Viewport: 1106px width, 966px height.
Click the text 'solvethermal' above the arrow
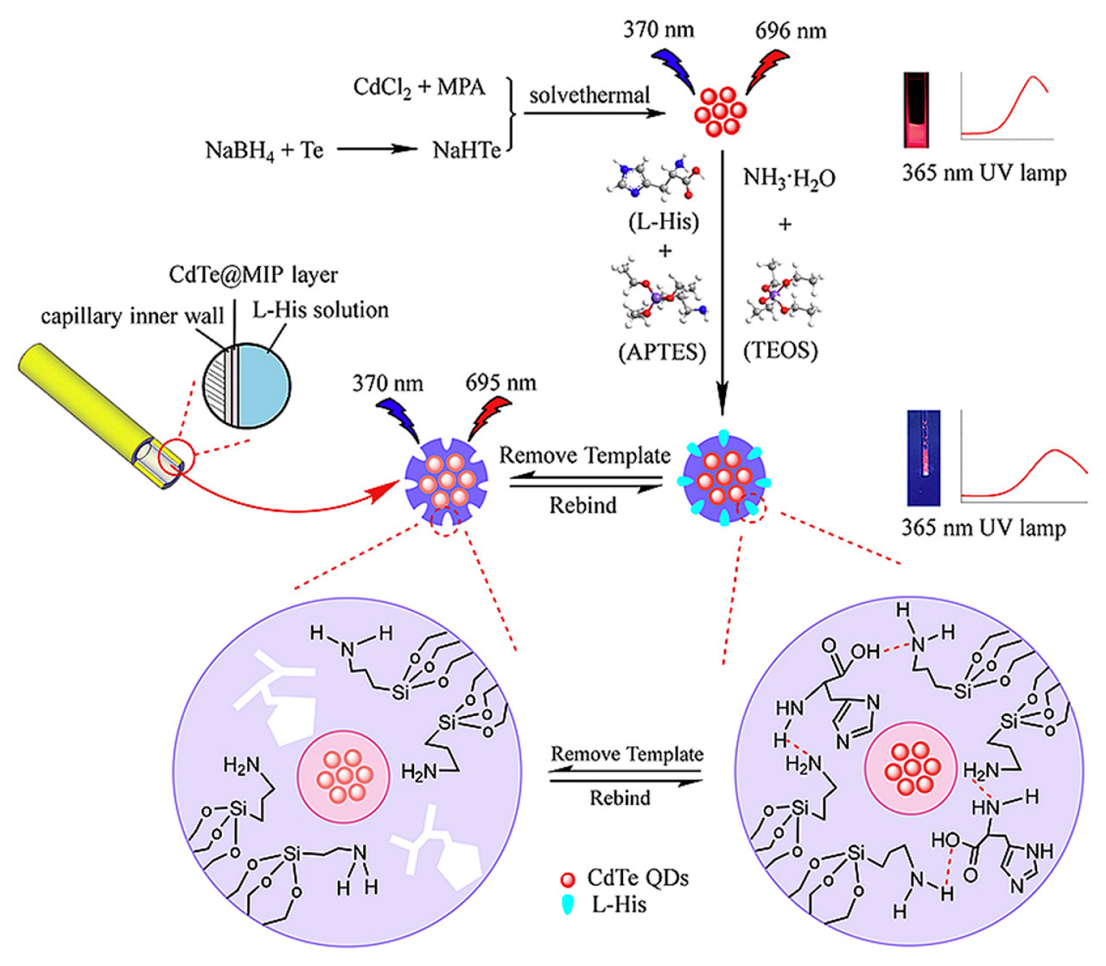point(589,96)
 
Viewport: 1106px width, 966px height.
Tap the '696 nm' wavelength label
point(790,31)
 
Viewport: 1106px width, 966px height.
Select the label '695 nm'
point(500,383)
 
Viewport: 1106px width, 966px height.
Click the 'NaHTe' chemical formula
point(466,150)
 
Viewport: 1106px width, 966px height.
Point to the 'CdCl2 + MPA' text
point(418,88)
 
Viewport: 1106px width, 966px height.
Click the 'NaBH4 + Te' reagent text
point(264,151)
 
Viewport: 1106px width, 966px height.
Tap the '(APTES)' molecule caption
point(662,352)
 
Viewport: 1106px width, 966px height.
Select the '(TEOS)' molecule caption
point(780,350)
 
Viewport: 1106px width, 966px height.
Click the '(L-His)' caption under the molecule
point(663,221)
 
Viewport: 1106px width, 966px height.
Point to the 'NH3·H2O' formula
point(788,178)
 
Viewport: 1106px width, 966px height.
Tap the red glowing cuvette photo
point(916,109)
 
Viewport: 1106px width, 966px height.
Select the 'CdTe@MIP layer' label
point(253,274)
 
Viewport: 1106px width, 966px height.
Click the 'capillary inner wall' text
point(132,316)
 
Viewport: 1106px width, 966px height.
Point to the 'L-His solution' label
point(320,310)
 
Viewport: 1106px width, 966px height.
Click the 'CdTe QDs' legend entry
point(637,878)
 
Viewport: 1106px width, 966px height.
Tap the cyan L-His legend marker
point(568,904)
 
